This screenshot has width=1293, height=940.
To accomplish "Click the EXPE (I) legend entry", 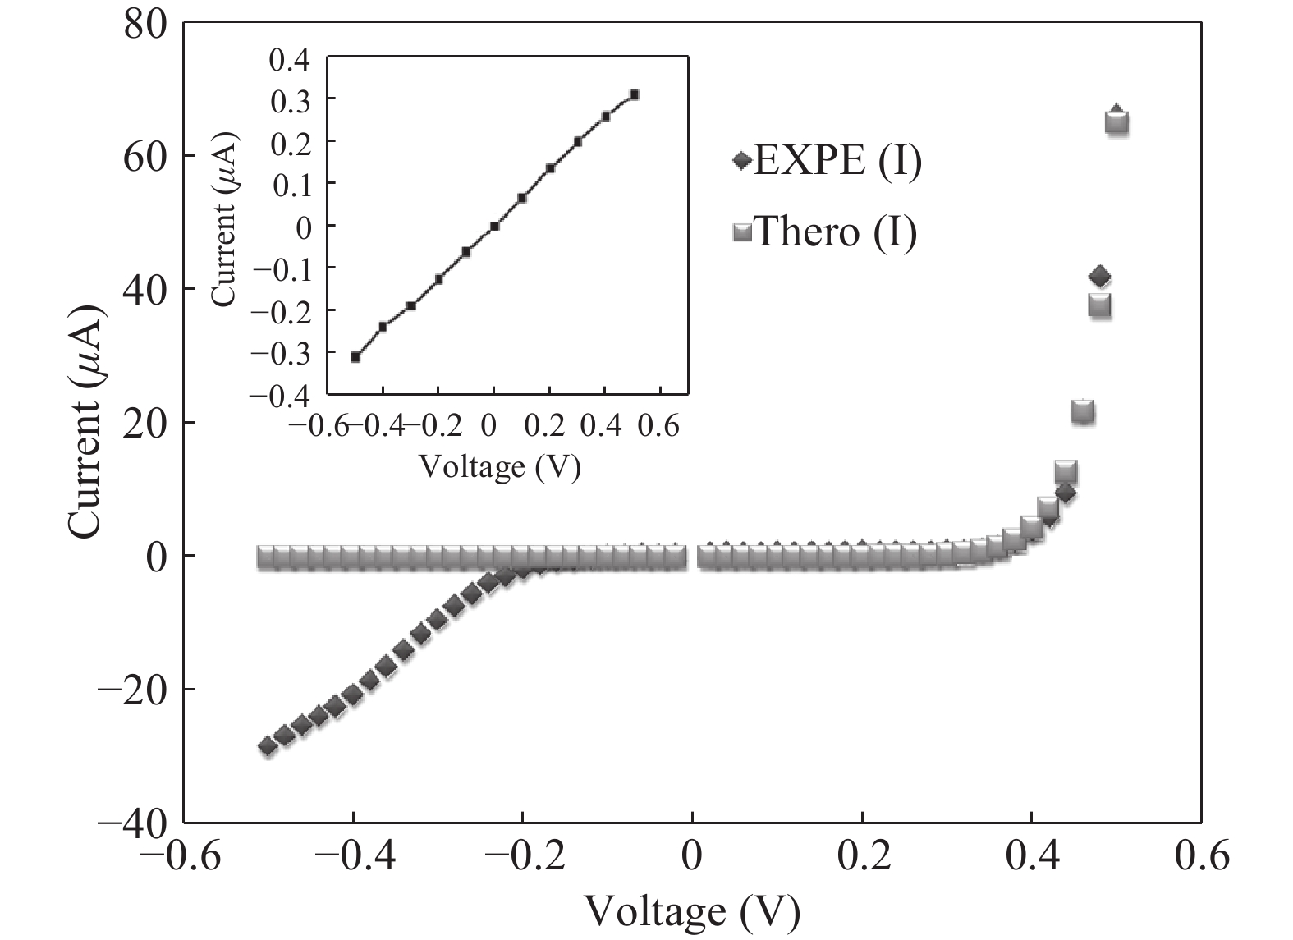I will click(828, 161).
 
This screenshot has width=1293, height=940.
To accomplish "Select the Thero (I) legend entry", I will click(824, 232).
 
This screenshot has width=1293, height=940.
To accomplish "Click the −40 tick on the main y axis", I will click(133, 821).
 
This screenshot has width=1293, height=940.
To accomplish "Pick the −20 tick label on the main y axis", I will click(133, 688).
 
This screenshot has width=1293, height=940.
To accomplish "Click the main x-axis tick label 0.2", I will click(862, 856).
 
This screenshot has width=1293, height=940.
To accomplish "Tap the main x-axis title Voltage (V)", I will click(691, 910).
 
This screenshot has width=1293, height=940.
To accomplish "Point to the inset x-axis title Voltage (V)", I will click(500, 466).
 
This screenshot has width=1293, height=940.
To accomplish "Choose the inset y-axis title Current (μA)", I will click(223, 226).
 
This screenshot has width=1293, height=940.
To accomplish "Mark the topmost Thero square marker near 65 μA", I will click(1117, 123).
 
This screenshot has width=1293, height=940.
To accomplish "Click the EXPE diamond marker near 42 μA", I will click(1100, 277).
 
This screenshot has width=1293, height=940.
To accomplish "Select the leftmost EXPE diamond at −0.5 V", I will click(267, 746).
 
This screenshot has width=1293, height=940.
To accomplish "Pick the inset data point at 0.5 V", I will click(634, 95).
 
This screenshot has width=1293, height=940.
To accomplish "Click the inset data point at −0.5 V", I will click(355, 356).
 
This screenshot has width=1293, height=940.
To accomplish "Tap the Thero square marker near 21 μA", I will click(1083, 412).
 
